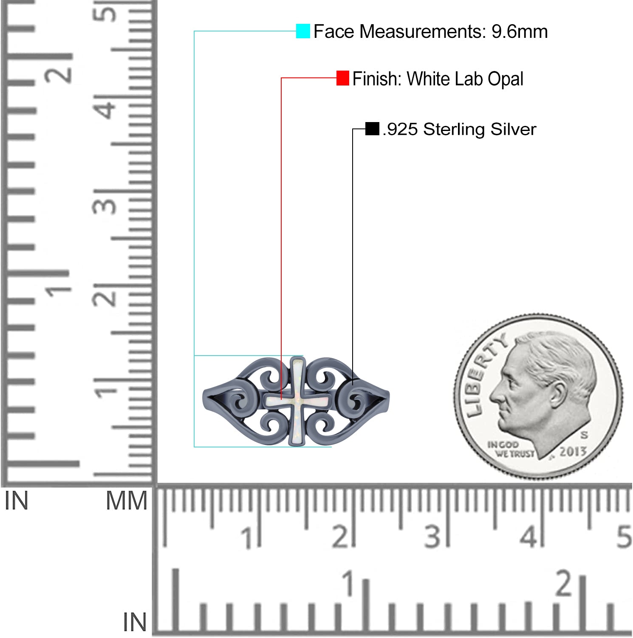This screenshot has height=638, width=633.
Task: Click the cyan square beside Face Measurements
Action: pos(303,31)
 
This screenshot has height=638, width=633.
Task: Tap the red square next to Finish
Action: pos(343,78)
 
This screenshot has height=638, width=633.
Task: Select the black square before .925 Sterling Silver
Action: pos(372,128)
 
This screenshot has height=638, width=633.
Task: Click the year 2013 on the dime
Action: pos(573,451)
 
